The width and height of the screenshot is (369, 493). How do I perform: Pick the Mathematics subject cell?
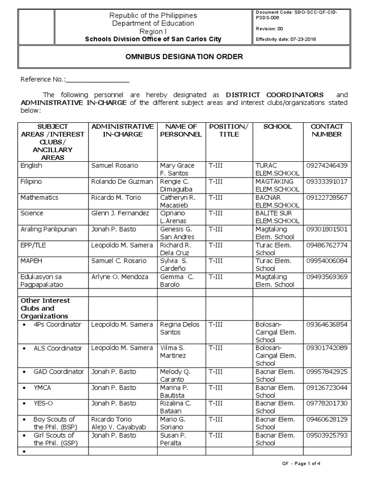[x=39, y=197]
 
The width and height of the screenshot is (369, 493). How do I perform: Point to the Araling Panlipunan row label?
[x=49, y=229]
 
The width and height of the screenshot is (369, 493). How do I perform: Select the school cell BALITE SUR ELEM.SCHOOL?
[x=278, y=217]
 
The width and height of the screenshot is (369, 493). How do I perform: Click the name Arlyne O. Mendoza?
[x=118, y=277]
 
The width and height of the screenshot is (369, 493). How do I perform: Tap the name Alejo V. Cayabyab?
[x=118, y=427]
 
